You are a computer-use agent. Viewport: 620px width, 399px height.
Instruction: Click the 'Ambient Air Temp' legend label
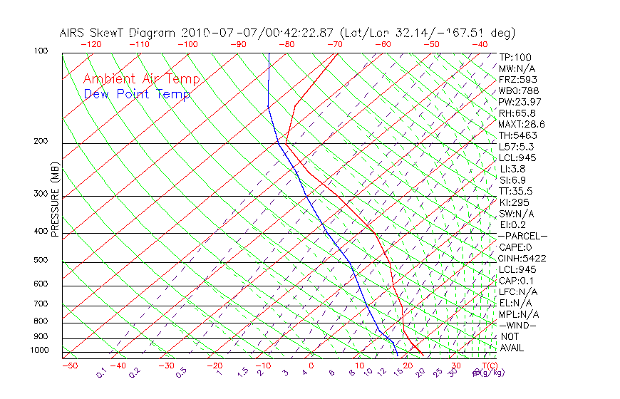141,79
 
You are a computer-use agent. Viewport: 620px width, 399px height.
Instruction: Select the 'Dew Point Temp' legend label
137,94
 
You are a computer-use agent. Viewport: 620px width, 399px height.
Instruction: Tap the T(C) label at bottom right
484,366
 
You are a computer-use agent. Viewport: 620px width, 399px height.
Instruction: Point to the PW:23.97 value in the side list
517,102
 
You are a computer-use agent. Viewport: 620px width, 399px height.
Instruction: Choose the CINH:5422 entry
521,258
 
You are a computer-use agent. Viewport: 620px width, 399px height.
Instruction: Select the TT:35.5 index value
516,191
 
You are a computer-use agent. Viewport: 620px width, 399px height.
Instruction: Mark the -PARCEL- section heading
522,236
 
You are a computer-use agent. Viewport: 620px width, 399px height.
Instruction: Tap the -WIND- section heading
518,325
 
